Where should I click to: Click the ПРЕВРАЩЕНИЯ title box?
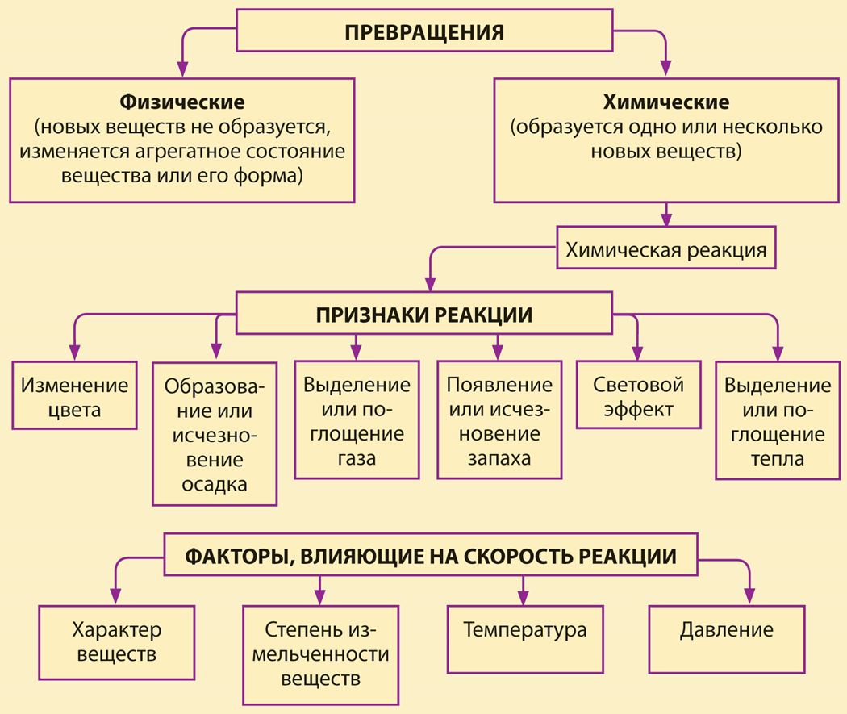[424, 31]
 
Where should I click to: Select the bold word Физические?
[182, 102]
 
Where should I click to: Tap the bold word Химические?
[666, 102]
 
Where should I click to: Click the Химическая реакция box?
[666, 248]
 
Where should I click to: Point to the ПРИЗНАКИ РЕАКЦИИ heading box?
[424, 313]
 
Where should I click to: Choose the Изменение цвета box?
[74, 396]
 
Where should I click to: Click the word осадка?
[215, 484]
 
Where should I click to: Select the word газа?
[357, 458]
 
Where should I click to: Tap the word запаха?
[499, 458]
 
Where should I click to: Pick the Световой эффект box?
[639, 395]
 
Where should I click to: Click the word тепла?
[778, 459]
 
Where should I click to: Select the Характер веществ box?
[117, 642]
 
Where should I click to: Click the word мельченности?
[321, 654]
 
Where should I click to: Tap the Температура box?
[525, 640]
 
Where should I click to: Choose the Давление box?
[727, 640]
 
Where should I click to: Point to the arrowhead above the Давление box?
[749, 596]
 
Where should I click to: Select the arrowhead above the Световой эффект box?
[637, 353]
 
